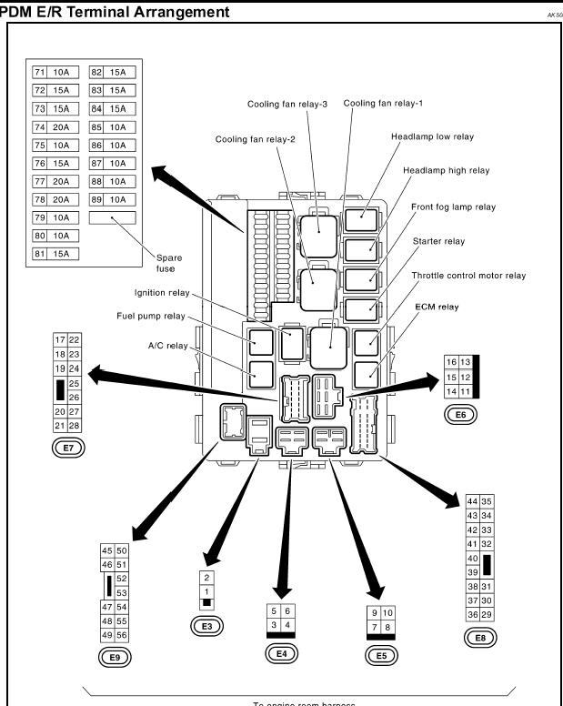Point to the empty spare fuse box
pyautogui.click(x=112, y=218)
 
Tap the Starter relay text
pyautogui.click(x=438, y=241)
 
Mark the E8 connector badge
pyautogui.click(x=480, y=638)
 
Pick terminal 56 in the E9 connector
pyautogui.click(x=122, y=635)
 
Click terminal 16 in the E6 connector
pyautogui.click(x=451, y=362)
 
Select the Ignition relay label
pyautogui.click(x=161, y=293)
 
